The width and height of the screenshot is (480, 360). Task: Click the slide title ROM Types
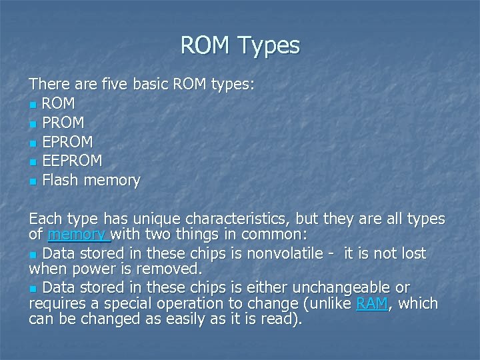tap(240, 45)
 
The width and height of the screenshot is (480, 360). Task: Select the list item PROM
tap(63, 123)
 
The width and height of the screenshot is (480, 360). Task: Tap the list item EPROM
tap(67, 142)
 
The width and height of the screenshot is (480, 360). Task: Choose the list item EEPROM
tap(72, 161)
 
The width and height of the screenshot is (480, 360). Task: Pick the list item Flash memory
tap(91, 180)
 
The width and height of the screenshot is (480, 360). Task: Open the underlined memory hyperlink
tap(76, 235)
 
